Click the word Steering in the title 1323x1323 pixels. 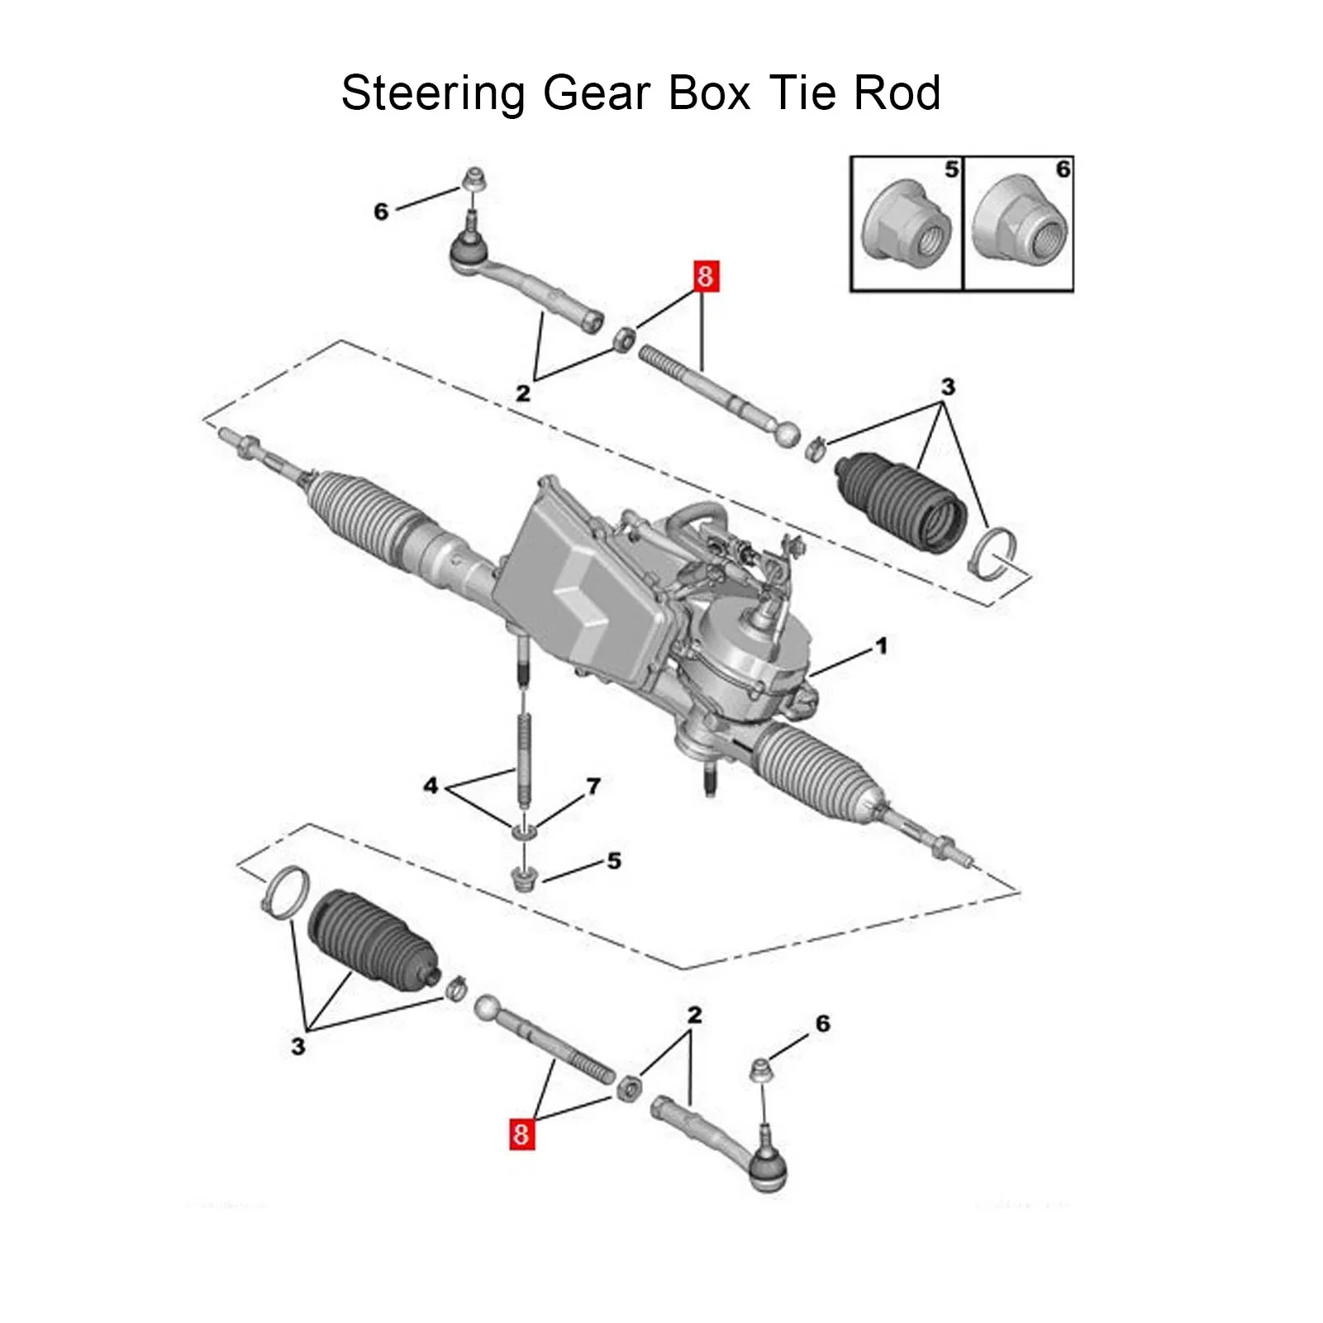point(432,93)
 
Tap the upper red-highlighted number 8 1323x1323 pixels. point(705,276)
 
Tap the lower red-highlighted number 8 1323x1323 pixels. point(520,1132)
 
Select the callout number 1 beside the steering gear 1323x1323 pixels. point(882,645)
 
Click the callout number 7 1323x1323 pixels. point(592,786)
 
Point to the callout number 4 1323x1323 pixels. point(431,785)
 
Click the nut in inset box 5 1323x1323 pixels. point(907,224)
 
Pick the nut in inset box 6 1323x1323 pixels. point(1019,224)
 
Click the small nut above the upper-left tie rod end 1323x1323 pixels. point(474,179)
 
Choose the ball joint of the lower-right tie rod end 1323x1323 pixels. point(766,1168)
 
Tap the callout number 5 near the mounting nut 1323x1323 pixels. point(614,861)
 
